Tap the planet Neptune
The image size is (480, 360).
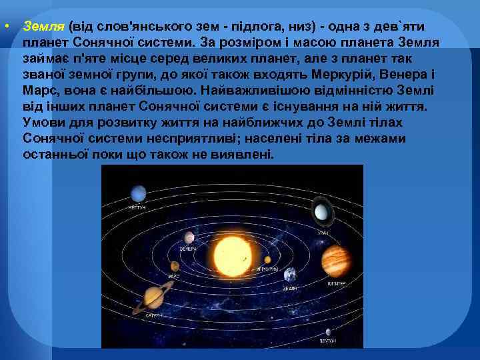pos(138,193)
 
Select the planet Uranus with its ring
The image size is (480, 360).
pos(321,213)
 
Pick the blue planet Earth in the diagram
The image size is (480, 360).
pos(290,275)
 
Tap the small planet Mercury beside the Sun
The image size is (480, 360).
pos(267,259)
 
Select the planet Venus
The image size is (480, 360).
pos(190,237)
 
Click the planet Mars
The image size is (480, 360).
pos(174,267)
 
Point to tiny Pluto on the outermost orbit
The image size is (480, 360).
pos(327,331)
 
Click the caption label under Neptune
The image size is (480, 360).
pos(137,207)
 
